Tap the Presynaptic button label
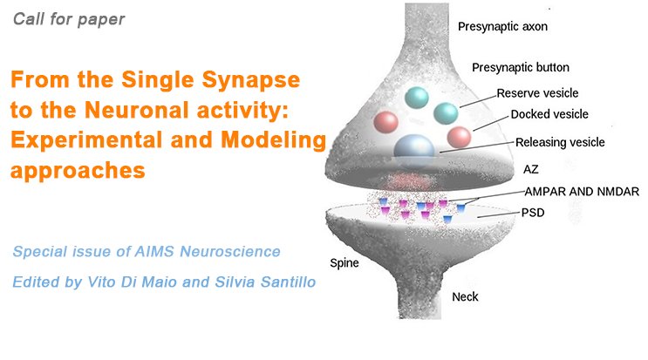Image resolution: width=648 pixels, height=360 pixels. click(x=519, y=67)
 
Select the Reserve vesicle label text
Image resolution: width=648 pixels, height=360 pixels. click(x=537, y=93)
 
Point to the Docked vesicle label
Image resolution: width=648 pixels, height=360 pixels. click(x=549, y=114)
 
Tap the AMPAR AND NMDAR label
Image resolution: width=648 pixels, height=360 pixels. click(x=581, y=193)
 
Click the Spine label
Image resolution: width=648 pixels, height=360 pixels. click(x=345, y=262)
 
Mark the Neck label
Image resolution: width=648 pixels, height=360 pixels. click(x=465, y=297)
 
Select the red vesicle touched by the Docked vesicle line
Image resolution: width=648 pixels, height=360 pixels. click(x=460, y=137)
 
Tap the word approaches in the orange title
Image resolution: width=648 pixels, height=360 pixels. click(x=78, y=169)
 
